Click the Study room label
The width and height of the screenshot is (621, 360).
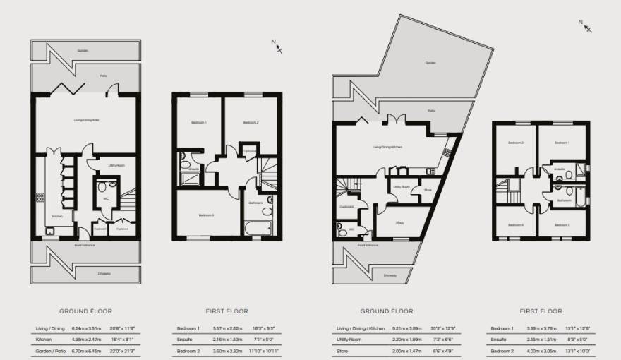(x=399, y=222)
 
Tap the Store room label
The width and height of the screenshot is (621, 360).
(x=428, y=189)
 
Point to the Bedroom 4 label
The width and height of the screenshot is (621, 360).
(x=516, y=225)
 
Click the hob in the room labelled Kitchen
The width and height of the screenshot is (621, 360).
(x=42, y=198)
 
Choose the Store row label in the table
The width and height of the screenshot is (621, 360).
(x=343, y=351)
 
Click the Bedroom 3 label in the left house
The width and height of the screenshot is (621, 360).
(x=205, y=215)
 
